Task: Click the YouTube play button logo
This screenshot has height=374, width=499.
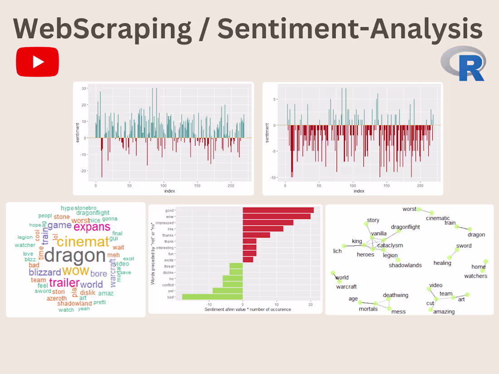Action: (38, 62)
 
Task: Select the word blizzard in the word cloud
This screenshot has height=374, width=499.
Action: (45, 272)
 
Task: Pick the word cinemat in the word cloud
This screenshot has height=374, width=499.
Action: (83, 241)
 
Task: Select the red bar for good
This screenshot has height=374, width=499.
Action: (278, 210)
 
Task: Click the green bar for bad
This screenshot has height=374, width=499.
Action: (212, 297)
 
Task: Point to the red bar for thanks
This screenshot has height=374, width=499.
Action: (256, 235)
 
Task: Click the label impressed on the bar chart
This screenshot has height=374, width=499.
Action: (164, 223)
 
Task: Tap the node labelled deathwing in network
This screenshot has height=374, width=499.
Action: (396, 295)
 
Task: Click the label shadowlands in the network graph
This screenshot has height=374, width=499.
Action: (405, 265)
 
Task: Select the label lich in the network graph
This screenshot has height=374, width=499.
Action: (337, 251)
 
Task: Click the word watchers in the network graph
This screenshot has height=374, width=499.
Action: (475, 276)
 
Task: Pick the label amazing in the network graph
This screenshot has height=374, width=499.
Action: (444, 311)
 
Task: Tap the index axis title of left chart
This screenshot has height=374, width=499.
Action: (169, 191)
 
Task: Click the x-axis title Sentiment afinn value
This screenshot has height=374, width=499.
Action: (248, 309)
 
